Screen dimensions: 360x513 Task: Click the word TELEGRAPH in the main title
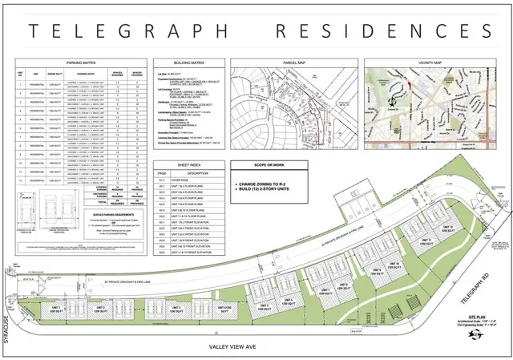click(129, 31)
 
